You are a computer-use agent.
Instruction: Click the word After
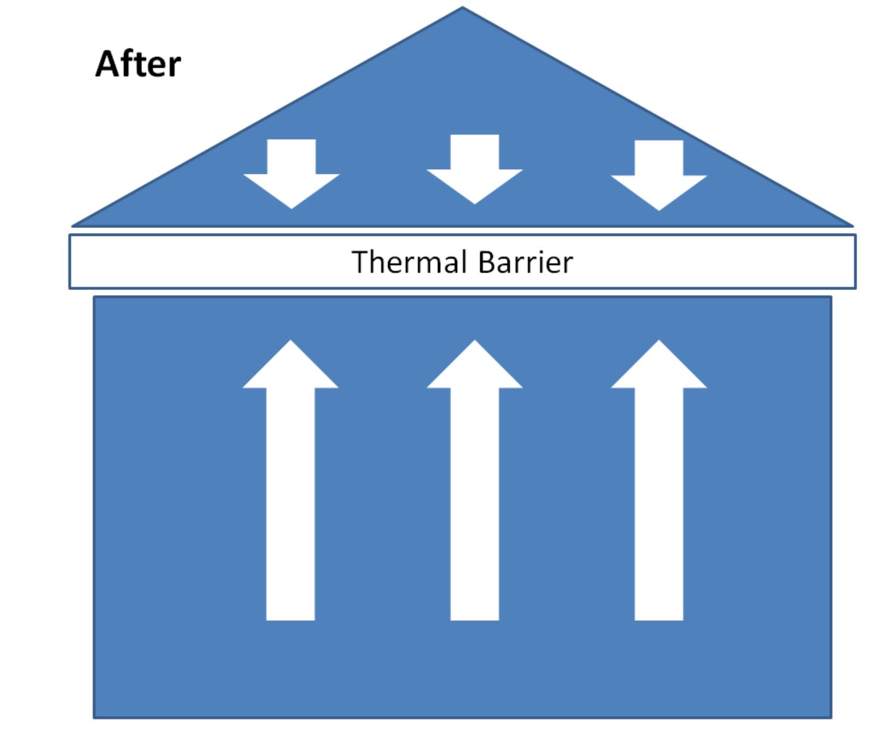[x=138, y=64]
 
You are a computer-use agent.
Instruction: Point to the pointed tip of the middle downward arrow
[x=474, y=203]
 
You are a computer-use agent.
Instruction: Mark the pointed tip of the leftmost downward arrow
[x=291, y=207]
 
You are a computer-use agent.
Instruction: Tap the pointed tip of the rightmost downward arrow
[x=659, y=209]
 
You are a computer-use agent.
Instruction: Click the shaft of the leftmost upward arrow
[x=291, y=501]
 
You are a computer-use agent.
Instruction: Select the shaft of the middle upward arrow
[x=474, y=501]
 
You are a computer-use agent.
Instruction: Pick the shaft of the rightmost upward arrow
[x=659, y=501]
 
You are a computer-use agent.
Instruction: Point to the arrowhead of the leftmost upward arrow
[x=291, y=366]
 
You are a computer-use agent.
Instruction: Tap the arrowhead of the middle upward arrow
[x=474, y=366]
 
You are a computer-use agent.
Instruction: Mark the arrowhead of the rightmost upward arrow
[x=659, y=366]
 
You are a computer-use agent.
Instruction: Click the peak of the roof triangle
[x=462, y=9]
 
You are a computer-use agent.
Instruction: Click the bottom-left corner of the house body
[x=95, y=717]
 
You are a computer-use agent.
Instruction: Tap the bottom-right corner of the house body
[x=831, y=717]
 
